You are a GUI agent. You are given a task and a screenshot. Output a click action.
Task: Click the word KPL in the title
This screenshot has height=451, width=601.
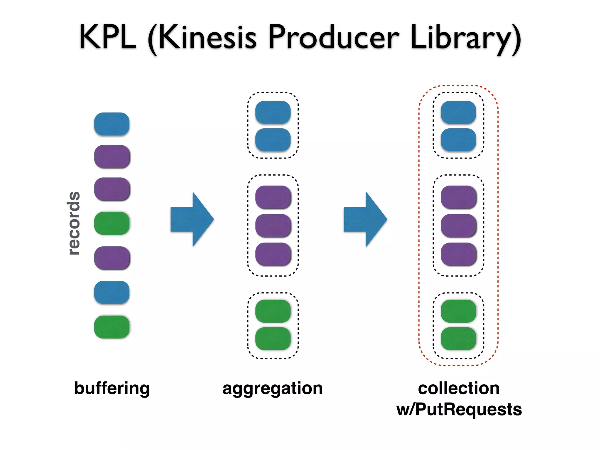108,37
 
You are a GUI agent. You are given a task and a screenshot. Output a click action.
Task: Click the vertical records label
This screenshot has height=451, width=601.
73,223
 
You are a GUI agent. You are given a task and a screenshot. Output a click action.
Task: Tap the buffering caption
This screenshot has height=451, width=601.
112,388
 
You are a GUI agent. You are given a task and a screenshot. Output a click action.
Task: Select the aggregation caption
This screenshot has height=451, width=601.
273,389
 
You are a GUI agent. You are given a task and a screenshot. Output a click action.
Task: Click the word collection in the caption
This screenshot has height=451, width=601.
459,388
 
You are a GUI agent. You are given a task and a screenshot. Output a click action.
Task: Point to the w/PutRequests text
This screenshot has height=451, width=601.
459,409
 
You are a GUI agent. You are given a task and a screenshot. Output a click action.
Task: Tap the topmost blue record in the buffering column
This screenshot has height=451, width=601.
112,124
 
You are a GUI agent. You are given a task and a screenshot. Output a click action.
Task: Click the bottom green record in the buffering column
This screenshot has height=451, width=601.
112,327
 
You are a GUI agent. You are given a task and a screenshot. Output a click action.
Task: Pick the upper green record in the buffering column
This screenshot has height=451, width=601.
112,223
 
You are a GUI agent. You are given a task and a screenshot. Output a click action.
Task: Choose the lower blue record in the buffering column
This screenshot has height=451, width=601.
112,292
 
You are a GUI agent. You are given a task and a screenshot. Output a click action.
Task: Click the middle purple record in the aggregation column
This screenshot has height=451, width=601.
273,225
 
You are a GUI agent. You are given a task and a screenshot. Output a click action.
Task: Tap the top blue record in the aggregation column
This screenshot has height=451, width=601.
273,112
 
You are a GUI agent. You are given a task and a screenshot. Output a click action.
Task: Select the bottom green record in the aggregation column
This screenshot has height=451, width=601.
273,339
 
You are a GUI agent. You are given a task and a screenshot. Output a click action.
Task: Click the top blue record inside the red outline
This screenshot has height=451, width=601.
458,112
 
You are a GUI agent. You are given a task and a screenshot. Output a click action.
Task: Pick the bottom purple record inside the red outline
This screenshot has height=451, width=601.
458,254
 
